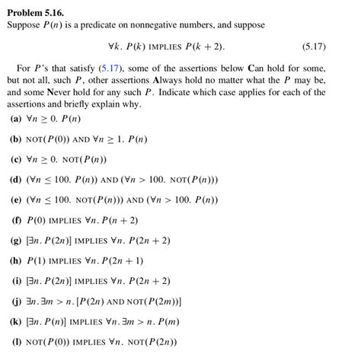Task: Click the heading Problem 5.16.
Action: click(36, 12)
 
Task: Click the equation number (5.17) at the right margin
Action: click(313, 46)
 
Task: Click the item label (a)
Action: click(15, 119)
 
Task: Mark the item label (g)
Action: click(15, 241)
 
